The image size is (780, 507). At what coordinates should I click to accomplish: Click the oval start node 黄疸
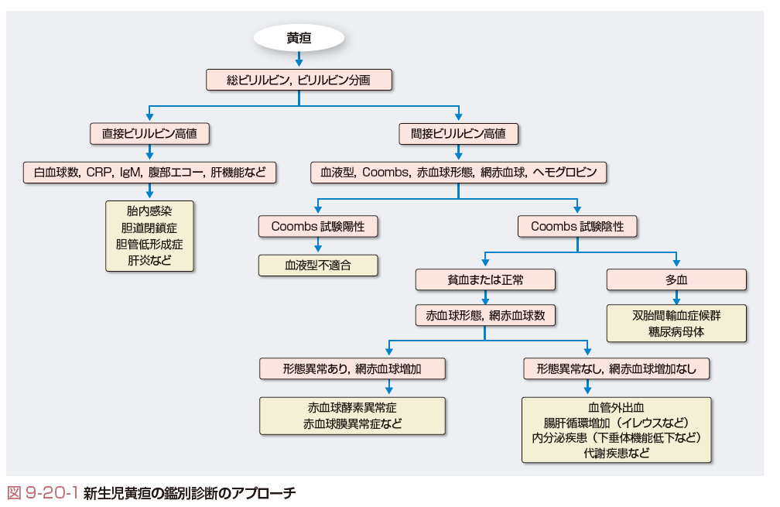point(299,37)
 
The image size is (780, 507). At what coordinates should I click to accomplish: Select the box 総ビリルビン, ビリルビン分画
point(299,80)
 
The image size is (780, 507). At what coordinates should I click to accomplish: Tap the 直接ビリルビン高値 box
point(149,133)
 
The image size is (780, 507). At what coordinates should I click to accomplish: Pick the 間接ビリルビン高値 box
point(458,133)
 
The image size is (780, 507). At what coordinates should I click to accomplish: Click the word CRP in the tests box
point(99,173)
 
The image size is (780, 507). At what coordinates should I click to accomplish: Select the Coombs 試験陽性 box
point(317,226)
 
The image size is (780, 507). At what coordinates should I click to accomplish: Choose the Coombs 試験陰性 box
point(576,226)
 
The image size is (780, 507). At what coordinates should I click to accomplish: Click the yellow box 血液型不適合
point(317,265)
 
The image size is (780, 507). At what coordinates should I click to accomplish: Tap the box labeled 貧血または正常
point(485,279)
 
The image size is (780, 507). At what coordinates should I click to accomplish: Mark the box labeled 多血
point(676,279)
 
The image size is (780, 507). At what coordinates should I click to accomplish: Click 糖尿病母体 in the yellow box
point(676,332)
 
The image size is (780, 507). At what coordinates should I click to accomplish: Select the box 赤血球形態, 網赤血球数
point(485,315)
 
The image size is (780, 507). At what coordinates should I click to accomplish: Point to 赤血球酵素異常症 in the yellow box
point(352,407)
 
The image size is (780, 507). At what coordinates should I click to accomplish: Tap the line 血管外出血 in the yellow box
point(616,406)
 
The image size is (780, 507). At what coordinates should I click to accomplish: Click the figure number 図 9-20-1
point(43,492)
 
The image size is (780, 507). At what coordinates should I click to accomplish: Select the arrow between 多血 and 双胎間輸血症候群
point(676,297)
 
